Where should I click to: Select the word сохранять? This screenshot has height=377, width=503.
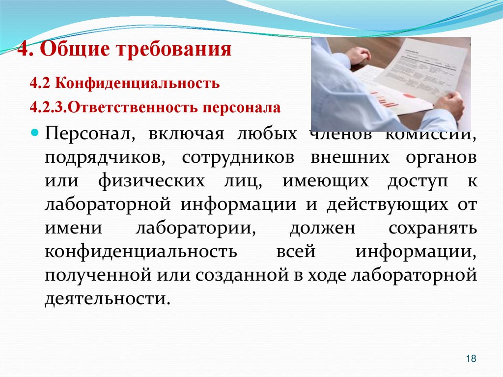(x=432, y=228)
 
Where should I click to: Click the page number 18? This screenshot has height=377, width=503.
(x=471, y=359)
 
